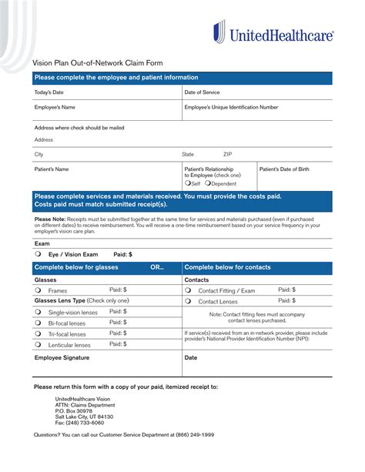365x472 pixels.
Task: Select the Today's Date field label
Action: point(49,92)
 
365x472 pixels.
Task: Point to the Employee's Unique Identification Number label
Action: point(231,107)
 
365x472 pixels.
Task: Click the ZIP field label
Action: point(228,154)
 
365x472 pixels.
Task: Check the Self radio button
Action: point(187,183)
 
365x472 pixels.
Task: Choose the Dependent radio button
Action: point(208,183)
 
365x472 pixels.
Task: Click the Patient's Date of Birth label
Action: point(284,169)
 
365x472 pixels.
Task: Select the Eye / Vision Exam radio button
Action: point(38,253)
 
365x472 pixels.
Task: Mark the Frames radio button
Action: point(38,291)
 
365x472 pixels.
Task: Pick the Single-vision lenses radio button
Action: point(38,313)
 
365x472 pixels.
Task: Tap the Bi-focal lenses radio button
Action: point(38,323)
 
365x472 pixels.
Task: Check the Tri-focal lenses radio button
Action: point(38,334)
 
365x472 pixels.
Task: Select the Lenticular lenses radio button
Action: point(38,345)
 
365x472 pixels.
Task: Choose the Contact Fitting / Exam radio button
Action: point(188,291)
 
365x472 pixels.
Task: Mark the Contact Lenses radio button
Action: point(188,302)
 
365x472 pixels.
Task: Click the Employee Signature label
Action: point(62,358)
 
